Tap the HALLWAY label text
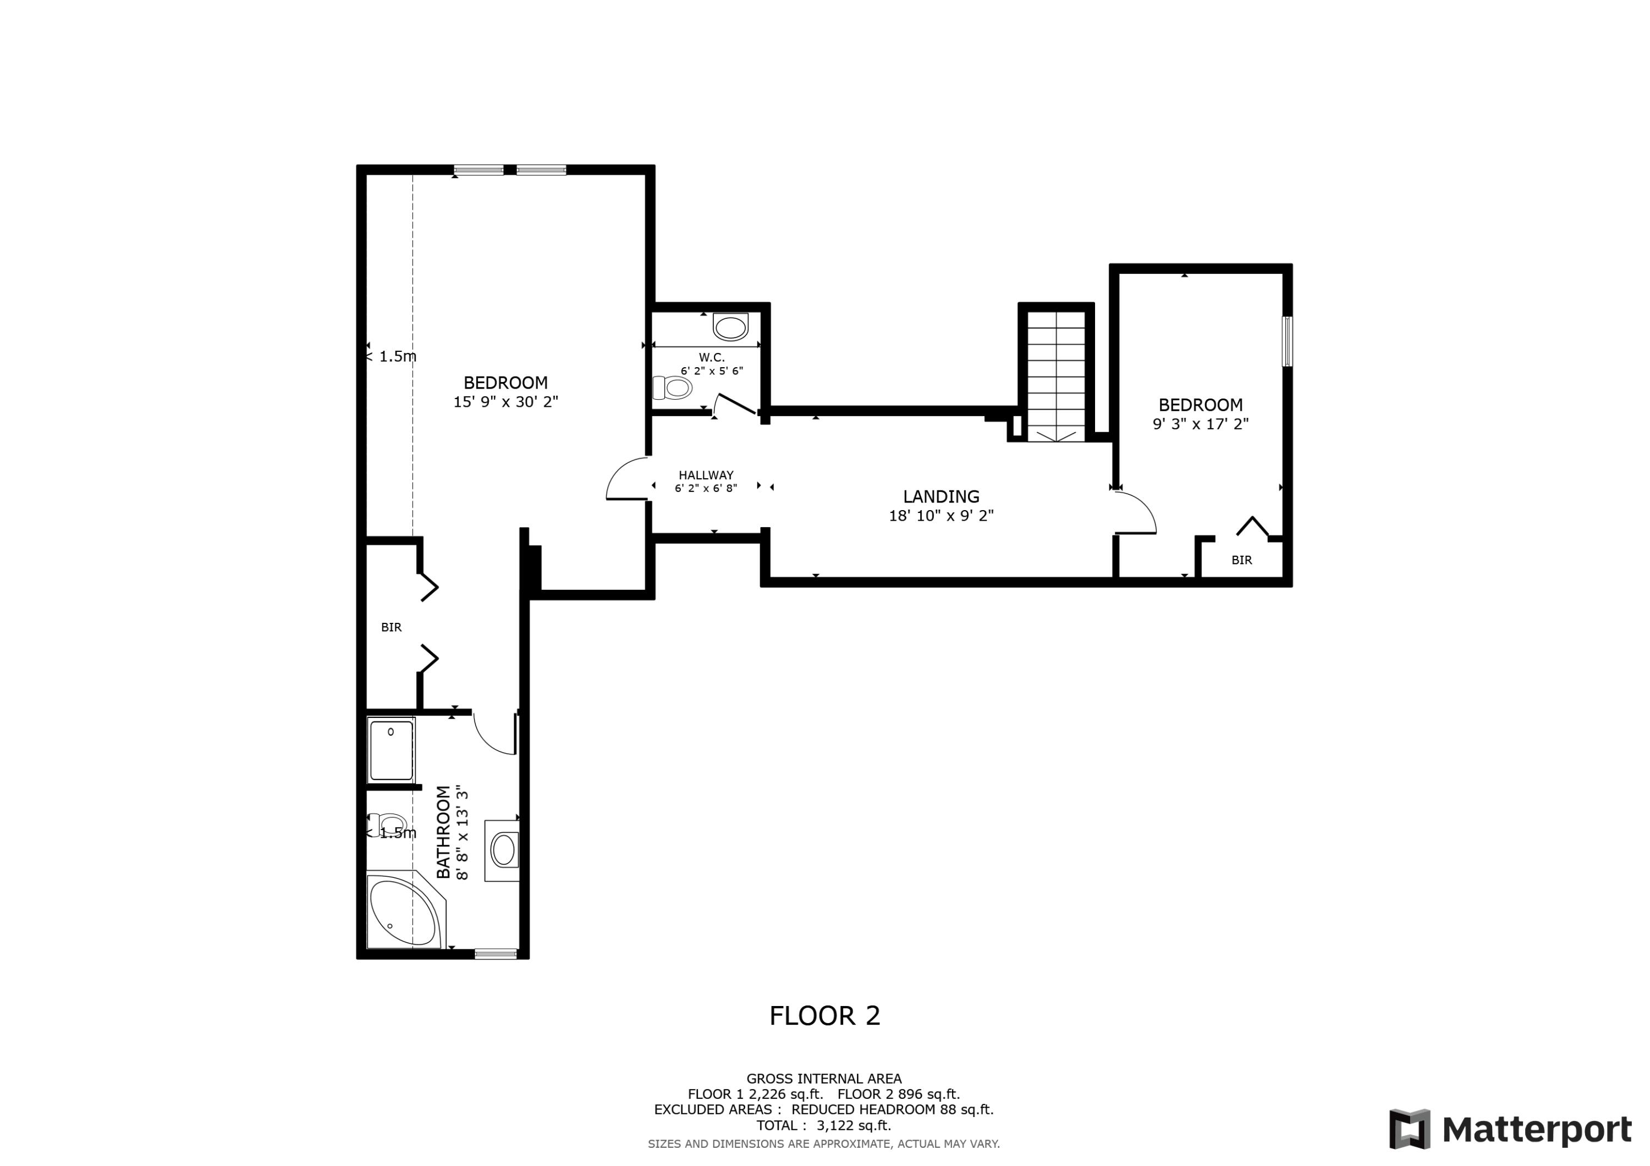(x=706, y=475)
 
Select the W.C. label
(x=712, y=357)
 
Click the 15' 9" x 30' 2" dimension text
(x=505, y=402)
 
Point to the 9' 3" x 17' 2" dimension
(x=1200, y=424)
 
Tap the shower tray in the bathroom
(x=391, y=751)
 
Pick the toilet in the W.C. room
(x=673, y=389)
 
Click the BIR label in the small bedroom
(x=1241, y=560)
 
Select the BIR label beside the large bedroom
(x=391, y=627)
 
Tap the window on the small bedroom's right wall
(x=1287, y=341)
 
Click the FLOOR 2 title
(x=824, y=1016)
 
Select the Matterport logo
(x=1510, y=1129)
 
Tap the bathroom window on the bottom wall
(x=495, y=954)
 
